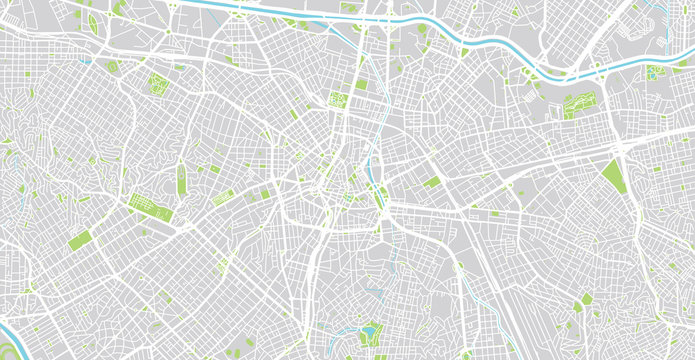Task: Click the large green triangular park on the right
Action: pyautogui.click(x=613, y=176)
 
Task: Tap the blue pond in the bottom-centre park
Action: pyautogui.click(x=371, y=329)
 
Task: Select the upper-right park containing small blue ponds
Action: pyautogui.click(x=655, y=72)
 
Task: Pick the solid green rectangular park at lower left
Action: pyautogui.click(x=80, y=241)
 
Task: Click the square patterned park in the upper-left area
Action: pyautogui.click(x=157, y=83)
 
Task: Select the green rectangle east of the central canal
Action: pyautogui.click(x=431, y=182)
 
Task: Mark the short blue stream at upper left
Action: pyautogui.click(x=86, y=59)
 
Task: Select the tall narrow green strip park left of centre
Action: pyautogui.click(x=182, y=179)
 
